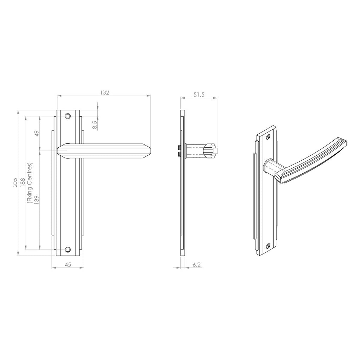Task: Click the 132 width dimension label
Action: (x=104, y=92)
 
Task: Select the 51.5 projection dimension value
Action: (x=199, y=94)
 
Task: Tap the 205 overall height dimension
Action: (x=15, y=183)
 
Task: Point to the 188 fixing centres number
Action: (x=23, y=183)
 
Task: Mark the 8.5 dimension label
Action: (x=95, y=124)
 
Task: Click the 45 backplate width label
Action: (x=68, y=265)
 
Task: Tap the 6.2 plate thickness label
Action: (x=197, y=265)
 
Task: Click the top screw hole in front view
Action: (x=67, y=115)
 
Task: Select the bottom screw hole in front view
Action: (x=67, y=250)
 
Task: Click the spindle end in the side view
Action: (x=215, y=151)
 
